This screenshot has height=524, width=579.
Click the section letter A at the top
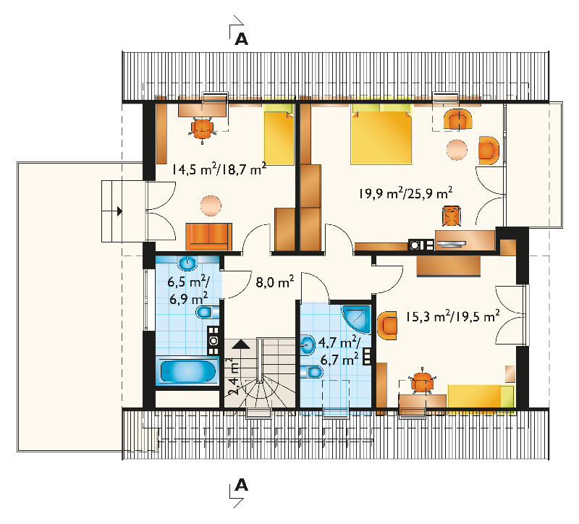coord(242,39)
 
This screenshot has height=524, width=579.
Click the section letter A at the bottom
coord(242,484)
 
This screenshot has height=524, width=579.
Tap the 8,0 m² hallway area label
coord(275,282)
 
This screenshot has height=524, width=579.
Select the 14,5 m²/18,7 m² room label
coord(219,169)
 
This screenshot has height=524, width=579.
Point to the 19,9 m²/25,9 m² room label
coord(406,193)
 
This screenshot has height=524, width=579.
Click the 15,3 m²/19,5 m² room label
coord(453,316)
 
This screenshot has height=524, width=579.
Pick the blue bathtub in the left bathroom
coord(187,371)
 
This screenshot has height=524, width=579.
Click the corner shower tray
coord(356,318)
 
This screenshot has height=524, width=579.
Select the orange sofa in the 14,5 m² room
coord(209,237)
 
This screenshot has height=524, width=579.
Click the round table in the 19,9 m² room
coord(457,150)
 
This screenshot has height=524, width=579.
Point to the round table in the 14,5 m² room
coord(211,206)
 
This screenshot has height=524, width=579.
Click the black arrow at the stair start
coord(242,345)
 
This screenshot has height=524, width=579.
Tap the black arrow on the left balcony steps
coord(119,211)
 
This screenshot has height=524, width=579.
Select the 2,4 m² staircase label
coord(232,376)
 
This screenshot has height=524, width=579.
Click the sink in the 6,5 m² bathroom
coord(188,263)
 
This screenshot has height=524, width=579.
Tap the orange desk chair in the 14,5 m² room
coord(202,127)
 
